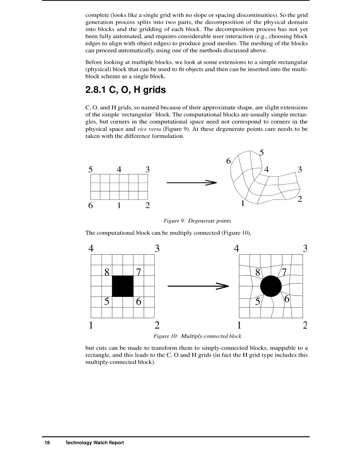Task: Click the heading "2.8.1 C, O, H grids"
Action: pos(125,90)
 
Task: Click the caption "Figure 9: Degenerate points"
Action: pos(197,221)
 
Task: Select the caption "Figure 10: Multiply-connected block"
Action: pos(197,336)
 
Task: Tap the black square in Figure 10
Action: pos(123,286)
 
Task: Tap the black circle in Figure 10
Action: pos(271,286)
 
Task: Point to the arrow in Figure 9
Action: pos(192,182)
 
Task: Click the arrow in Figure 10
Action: pos(198,286)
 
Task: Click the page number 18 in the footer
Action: pos(47,443)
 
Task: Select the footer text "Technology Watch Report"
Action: pos(94,443)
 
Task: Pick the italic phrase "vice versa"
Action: pos(149,129)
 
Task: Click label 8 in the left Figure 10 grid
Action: pos(107,273)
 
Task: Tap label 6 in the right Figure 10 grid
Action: pos(287,299)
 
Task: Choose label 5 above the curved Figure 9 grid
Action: pos(262,153)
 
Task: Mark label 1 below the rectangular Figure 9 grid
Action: pos(119,205)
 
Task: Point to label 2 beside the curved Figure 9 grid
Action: pos(300,199)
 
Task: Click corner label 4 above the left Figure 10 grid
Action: pos(91,249)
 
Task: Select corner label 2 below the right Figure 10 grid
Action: pos(305,325)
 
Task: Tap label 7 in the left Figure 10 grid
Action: pos(138,273)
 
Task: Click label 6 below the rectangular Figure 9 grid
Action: pos(90,205)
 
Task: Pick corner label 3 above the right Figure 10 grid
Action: pos(305,249)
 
